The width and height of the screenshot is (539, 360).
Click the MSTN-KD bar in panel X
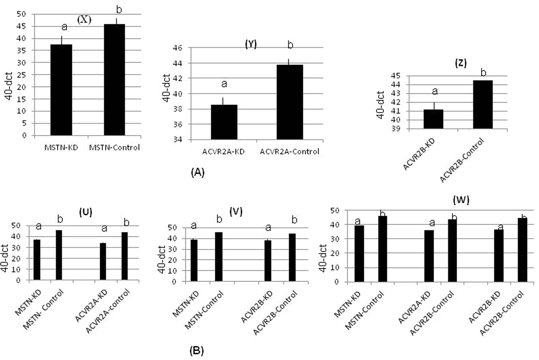point(61,90)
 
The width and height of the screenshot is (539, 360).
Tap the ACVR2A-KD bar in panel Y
point(224,122)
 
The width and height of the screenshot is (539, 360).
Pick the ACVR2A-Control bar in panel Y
point(290,102)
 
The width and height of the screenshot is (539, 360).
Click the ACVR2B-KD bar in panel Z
point(433,119)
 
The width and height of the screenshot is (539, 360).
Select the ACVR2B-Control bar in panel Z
point(483,104)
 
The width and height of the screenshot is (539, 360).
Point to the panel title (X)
point(84,20)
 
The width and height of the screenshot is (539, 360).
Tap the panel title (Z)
point(461,63)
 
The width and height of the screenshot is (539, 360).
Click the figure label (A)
point(198,172)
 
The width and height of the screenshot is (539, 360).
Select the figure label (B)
point(197,351)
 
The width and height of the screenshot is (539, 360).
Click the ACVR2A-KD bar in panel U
point(103,261)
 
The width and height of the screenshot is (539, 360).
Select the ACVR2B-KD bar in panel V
point(268,261)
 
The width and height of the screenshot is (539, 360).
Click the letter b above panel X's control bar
point(119,10)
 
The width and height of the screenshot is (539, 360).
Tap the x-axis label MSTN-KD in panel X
point(61,148)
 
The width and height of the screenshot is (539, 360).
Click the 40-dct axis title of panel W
point(322,258)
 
